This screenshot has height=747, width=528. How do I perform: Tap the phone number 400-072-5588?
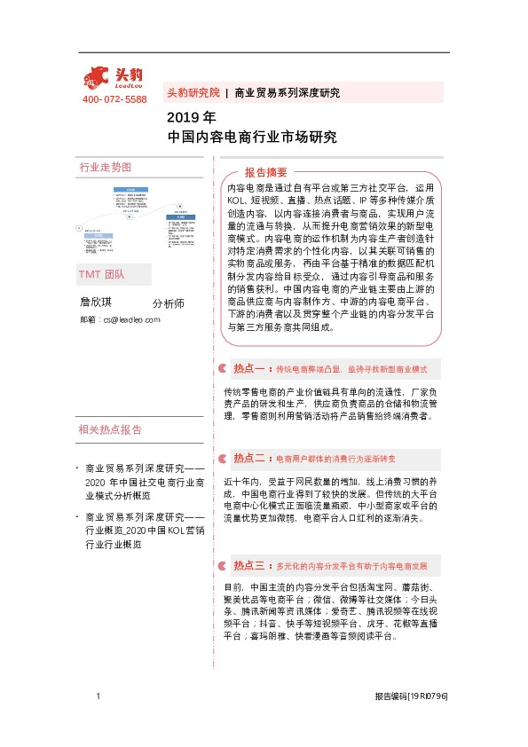[x=114, y=99]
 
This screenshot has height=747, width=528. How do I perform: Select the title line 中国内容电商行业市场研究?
[x=252, y=138]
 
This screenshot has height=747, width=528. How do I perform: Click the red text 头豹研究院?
[x=193, y=92]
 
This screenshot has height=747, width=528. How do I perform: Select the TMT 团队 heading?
[x=102, y=276]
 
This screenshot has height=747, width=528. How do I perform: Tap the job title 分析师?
[x=168, y=303]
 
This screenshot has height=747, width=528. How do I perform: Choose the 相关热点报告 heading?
[x=110, y=430]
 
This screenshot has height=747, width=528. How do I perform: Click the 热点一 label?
[x=249, y=367]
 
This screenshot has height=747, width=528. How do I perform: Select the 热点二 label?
[x=249, y=459]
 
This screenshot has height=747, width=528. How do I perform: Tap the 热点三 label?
[x=249, y=565]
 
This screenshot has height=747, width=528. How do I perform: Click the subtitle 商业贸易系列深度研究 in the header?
[x=287, y=92]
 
